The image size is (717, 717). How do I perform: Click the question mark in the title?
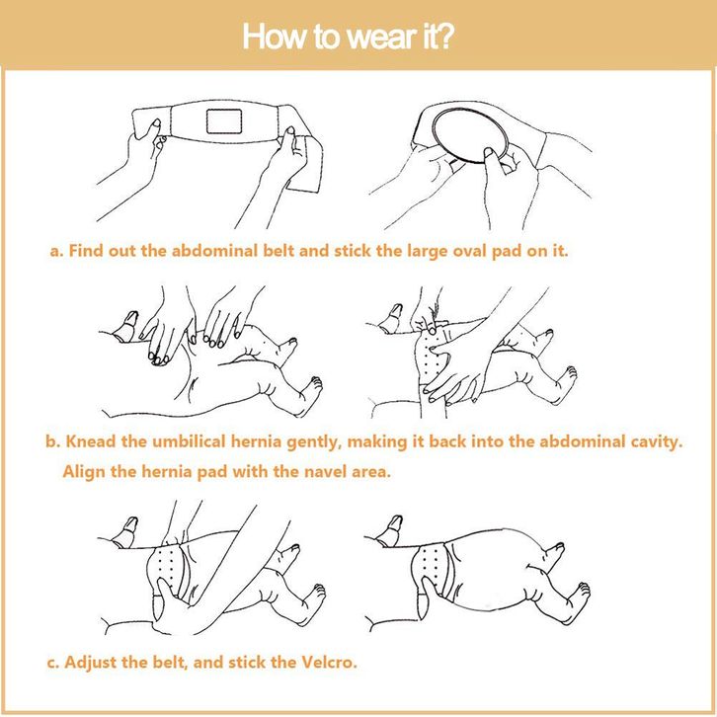click(x=445, y=37)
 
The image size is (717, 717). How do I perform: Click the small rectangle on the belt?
click(x=224, y=120)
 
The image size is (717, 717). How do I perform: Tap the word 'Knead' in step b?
click(x=91, y=441)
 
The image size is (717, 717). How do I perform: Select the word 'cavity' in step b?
click(x=657, y=441)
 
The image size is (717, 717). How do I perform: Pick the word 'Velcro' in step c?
click(x=329, y=662)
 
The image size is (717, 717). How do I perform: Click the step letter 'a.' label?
click(x=56, y=251)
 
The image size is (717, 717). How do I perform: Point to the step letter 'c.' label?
click(x=53, y=663)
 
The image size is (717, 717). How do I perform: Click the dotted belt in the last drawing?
click(x=432, y=567)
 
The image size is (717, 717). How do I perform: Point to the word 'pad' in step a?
click(x=506, y=251)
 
